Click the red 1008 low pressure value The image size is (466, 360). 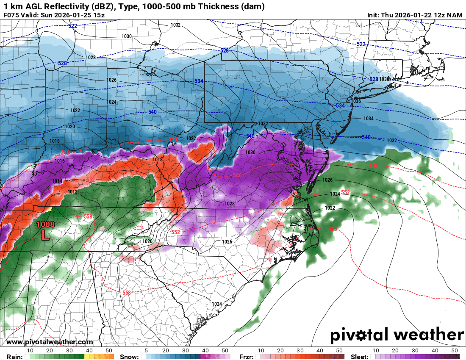pyautogui.click(x=45, y=224)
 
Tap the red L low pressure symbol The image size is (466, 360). pyautogui.click(x=45, y=235)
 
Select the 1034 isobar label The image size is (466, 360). pyautogui.click(x=368, y=119)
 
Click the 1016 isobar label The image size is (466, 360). pyautogui.click(x=59, y=161)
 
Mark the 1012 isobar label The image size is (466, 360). pyautogui.click(x=72, y=192)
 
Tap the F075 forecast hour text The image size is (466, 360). pyautogui.click(x=11, y=15)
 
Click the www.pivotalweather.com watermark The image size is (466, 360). pyautogui.click(x=50, y=342)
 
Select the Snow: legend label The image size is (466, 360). pyautogui.click(x=129, y=357)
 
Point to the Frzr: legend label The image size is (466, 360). pyautogui.click(x=246, y=357)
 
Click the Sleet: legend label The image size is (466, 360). pyautogui.click(x=360, y=357)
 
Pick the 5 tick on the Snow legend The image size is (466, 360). pyautogui.click(x=147, y=351)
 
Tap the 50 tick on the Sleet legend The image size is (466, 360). pyautogui.click(x=455, y=351)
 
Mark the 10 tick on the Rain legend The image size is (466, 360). pyautogui.click(x=30, y=351)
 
